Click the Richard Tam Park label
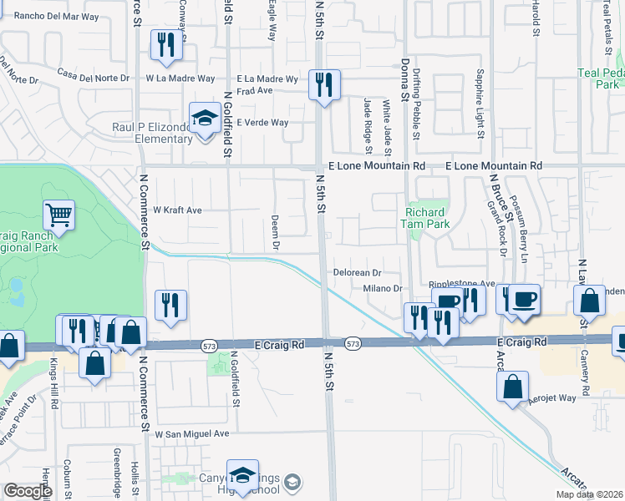427,218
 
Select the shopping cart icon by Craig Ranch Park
58,215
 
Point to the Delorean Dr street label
358,273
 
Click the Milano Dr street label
383,288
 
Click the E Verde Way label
262,123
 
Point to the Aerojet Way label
553,398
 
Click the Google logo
28,491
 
